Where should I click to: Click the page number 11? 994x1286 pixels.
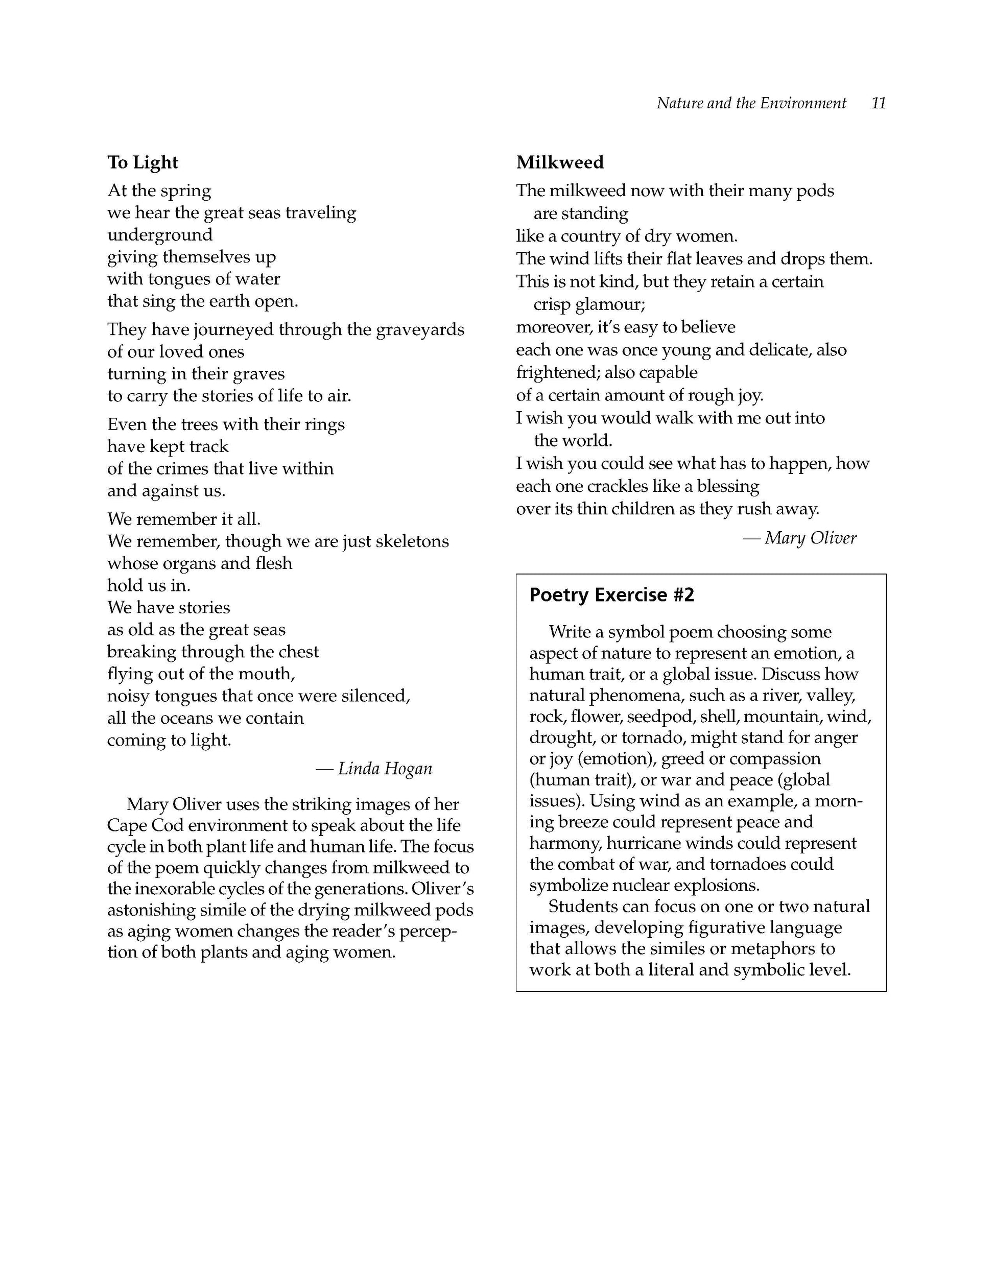[x=878, y=103]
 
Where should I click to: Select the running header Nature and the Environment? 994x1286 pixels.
[x=751, y=103]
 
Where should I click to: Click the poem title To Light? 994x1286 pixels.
[x=143, y=162]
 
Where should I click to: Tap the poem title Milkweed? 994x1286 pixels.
[x=559, y=162]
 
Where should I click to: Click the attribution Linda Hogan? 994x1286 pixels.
[x=385, y=769]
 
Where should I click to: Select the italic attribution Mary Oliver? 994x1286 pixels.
[x=810, y=538]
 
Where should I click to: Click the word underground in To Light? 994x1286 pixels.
[x=159, y=235]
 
